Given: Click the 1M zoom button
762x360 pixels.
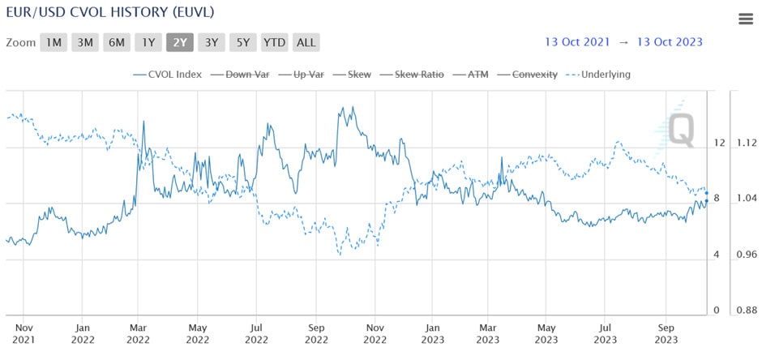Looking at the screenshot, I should (53, 42).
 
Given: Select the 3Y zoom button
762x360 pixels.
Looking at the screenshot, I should (212, 42).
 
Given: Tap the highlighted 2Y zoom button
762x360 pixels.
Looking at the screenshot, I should (180, 42).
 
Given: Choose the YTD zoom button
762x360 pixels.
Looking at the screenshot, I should (275, 42).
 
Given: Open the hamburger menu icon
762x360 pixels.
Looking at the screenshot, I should (746, 19).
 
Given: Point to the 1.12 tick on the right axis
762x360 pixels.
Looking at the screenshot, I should (746, 143).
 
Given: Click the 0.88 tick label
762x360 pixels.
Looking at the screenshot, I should (746, 311).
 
